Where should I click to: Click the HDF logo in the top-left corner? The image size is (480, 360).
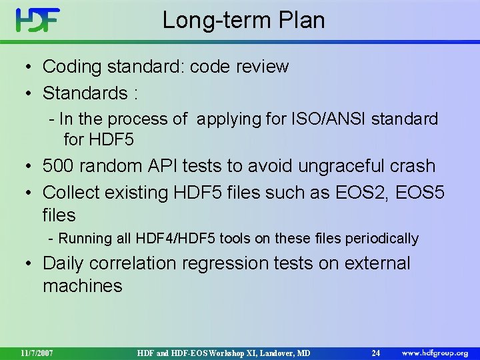(x=38, y=20)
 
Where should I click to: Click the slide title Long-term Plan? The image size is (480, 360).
(x=243, y=20)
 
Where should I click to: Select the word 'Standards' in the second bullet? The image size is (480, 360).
(x=85, y=92)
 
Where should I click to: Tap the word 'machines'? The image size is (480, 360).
(x=83, y=287)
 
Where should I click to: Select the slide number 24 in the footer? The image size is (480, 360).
(x=376, y=352)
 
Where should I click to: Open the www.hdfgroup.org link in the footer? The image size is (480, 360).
(x=434, y=352)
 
